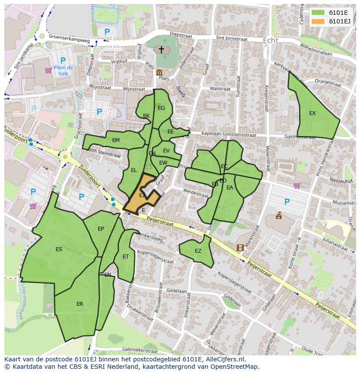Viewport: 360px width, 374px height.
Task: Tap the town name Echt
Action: pos(270,40)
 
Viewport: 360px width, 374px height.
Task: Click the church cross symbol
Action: pos(161,50)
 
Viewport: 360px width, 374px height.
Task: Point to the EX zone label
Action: pos(312,113)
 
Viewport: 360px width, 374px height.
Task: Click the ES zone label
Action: pos(59,249)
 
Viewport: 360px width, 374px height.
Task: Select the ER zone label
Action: pos(80,304)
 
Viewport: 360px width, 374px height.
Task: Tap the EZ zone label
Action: pos(198,251)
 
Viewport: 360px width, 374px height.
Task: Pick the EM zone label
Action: pos(116,140)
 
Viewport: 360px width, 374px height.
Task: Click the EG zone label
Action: pos(161,108)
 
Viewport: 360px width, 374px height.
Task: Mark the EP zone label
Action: pos(101,229)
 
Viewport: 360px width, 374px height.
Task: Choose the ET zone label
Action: pos(126,257)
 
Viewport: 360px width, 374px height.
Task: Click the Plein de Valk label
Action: pos(63,70)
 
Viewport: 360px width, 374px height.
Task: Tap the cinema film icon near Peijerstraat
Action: pos(240,248)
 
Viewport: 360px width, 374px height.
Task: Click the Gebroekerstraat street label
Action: pos(140,349)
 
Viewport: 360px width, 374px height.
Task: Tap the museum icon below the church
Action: pos(159,73)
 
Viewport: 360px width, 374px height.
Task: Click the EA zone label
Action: pos(230,188)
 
